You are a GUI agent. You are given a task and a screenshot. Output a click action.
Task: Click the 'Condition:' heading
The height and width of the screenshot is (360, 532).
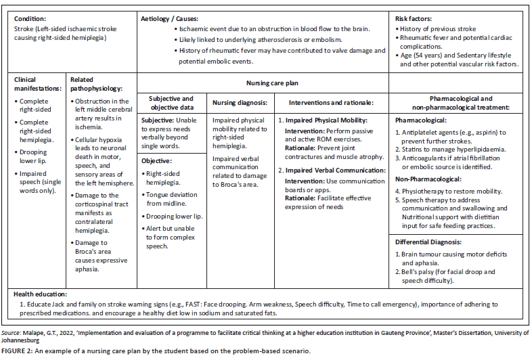[x=30, y=19]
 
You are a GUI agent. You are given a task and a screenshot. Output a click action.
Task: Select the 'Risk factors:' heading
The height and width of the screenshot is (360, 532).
[x=414, y=19]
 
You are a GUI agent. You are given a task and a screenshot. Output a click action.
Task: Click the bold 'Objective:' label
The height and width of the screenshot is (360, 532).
[x=158, y=161]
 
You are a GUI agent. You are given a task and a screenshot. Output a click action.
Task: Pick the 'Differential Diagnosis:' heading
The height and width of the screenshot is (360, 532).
[x=428, y=242]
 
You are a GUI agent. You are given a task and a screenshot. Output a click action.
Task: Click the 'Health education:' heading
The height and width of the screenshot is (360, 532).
[x=41, y=294]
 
